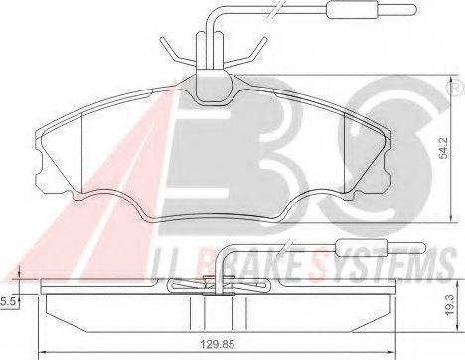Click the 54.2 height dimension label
coord(444,148)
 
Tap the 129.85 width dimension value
coord(217,344)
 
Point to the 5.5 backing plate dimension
coord(7,301)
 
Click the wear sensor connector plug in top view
coord(371,9)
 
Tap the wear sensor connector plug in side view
coord(381,247)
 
